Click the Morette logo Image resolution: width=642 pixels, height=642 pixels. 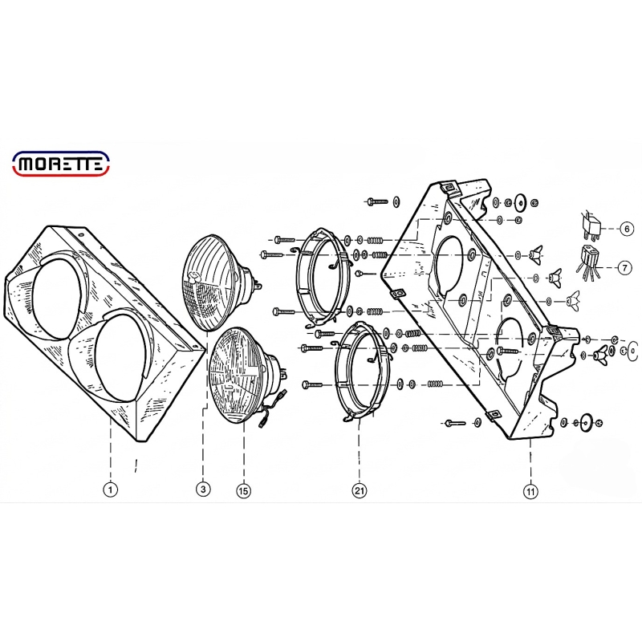(62, 164)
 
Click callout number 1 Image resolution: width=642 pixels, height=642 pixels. (110, 490)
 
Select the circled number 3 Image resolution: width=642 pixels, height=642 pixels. (203, 489)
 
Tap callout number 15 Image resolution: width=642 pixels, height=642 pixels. (243, 490)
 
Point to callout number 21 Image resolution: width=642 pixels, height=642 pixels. (359, 490)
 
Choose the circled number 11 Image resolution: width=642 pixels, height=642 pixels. (530, 491)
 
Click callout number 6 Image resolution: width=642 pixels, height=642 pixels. (627, 229)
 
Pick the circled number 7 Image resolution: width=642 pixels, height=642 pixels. (624, 268)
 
